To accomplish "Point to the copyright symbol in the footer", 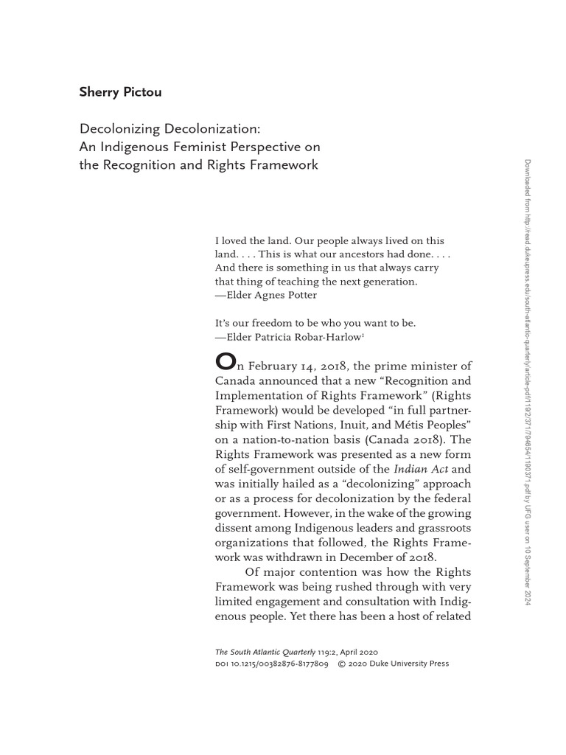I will (342, 664).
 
